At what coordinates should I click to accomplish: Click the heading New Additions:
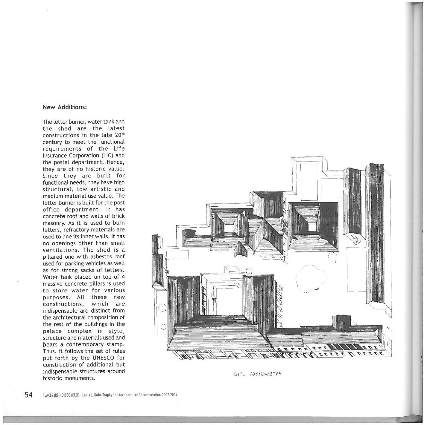tap(65, 107)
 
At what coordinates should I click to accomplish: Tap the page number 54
tap(28, 395)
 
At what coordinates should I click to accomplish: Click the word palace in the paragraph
tap(52, 331)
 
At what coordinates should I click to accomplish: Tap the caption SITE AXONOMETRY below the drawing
tap(258, 374)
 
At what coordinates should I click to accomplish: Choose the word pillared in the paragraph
tap(54, 257)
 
